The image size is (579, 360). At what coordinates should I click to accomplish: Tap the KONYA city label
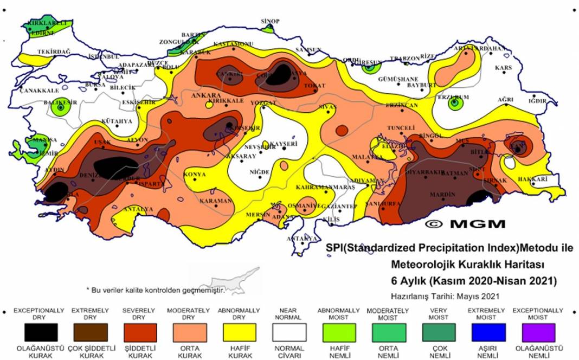195,175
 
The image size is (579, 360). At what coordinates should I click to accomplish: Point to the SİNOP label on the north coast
270,21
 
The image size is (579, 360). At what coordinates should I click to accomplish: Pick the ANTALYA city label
139,209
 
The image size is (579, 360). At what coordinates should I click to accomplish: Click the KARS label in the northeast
504,68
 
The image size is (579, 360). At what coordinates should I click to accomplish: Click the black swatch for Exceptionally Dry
41,332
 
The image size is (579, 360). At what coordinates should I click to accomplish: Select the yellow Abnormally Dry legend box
240,332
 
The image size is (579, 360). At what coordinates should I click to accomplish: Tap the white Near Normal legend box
289,332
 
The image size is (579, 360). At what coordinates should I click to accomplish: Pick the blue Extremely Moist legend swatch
488,332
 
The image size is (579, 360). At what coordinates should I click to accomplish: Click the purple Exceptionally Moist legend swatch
538,332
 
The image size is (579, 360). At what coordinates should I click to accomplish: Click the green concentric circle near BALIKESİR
60,108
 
